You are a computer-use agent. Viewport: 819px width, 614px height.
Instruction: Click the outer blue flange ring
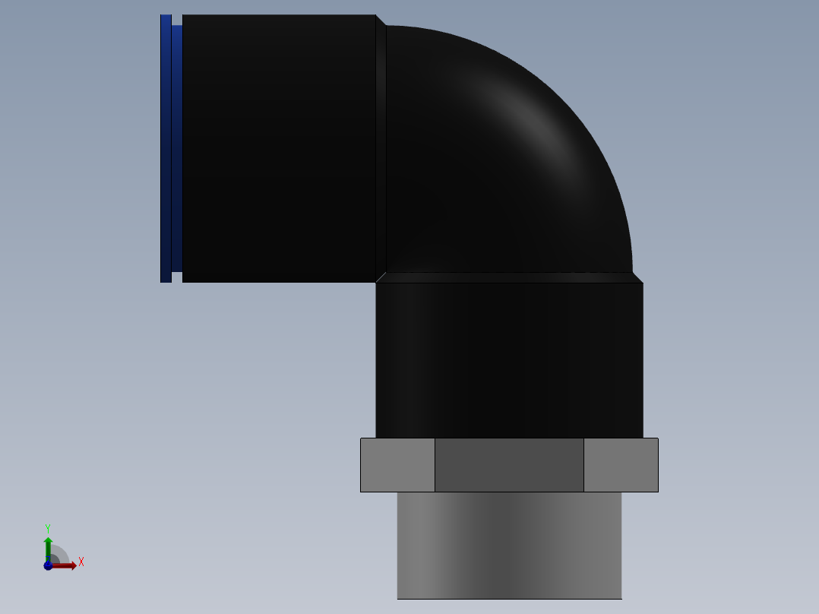(x=166, y=148)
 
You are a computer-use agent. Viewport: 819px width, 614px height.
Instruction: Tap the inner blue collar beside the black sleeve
(x=177, y=148)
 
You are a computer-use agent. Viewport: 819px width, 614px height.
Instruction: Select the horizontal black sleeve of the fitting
(x=278, y=148)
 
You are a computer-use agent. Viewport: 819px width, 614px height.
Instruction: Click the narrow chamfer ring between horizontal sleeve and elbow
(x=381, y=148)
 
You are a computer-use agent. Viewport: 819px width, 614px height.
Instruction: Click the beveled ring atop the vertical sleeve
(x=509, y=277)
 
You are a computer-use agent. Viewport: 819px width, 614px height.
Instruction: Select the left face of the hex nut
(x=397, y=465)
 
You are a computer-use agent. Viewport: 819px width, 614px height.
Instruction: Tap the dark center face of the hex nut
(x=509, y=465)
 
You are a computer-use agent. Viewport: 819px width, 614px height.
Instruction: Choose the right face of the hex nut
(x=621, y=465)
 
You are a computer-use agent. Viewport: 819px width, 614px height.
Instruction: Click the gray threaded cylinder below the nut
(x=509, y=545)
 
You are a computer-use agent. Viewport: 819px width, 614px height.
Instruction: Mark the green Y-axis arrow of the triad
(x=48, y=546)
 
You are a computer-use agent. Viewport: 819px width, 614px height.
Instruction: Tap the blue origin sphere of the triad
(x=48, y=566)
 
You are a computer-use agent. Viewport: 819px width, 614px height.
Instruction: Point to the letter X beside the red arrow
(x=81, y=562)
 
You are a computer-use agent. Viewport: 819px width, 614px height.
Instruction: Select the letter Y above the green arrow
(x=48, y=527)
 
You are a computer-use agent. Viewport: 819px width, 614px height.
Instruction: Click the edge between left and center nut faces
(x=435, y=465)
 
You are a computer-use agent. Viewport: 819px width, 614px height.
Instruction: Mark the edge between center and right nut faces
(x=584, y=465)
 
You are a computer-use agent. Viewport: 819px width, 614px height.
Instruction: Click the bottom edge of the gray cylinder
(x=509, y=598)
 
